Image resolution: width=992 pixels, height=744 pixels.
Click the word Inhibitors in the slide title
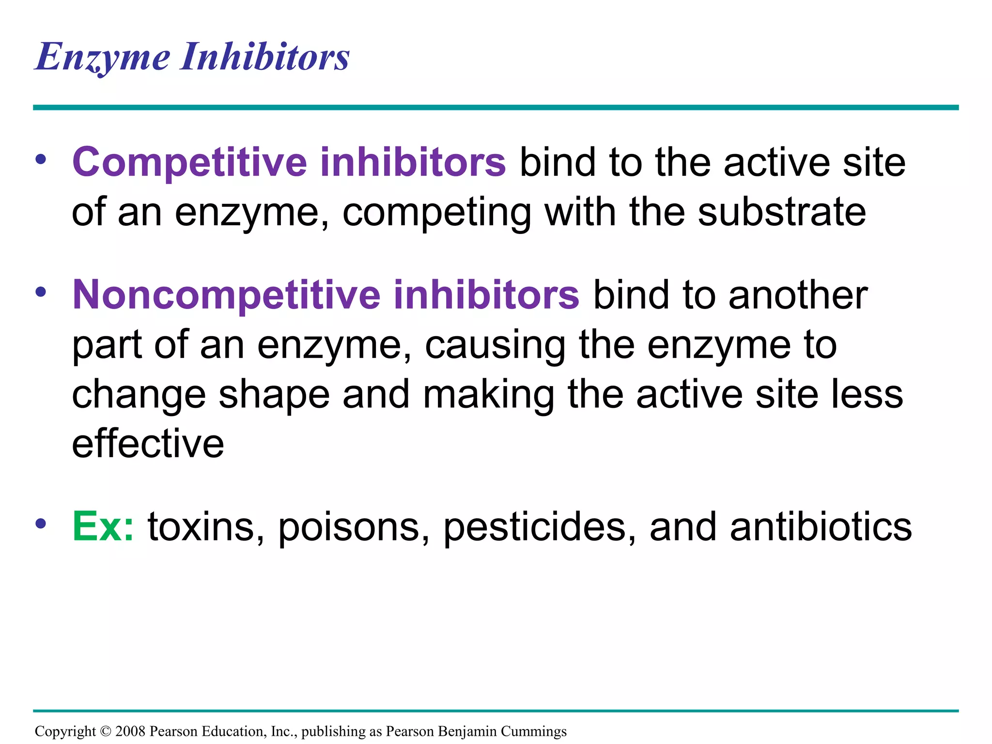pyautogui.click(x=265, y=57)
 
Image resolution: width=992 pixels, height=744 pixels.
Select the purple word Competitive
pyautogui.click(x=189, y=162)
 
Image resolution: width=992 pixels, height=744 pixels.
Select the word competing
pyautogui.click(x=436, y=213)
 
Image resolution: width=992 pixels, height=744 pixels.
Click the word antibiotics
pyautogui.click(x=821, y=527)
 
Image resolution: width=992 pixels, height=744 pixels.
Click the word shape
pyautogui.click(x=274, y=395)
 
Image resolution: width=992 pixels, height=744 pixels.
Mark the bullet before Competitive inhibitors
pyautogui.click(x=41, y=159)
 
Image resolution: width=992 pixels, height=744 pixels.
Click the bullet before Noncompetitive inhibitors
pyautogui.click(x=41, y=292)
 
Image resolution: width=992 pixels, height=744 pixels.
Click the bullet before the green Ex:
pyautogui.click(x=41, y=523)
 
